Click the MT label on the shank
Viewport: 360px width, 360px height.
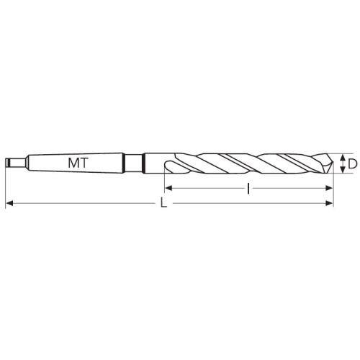[78, 163]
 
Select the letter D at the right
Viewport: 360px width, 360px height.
[352, 164]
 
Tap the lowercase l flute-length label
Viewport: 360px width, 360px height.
[248, 188]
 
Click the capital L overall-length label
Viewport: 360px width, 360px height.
[163, 203]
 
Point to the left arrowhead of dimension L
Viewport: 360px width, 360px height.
[9, 204]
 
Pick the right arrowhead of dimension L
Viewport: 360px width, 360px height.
[329, 204]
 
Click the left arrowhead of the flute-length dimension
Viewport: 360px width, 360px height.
[168, 188]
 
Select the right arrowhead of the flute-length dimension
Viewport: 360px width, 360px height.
[328, 188]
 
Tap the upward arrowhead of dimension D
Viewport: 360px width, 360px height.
[343, 158]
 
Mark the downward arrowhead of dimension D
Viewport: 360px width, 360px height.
[343, 169]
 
